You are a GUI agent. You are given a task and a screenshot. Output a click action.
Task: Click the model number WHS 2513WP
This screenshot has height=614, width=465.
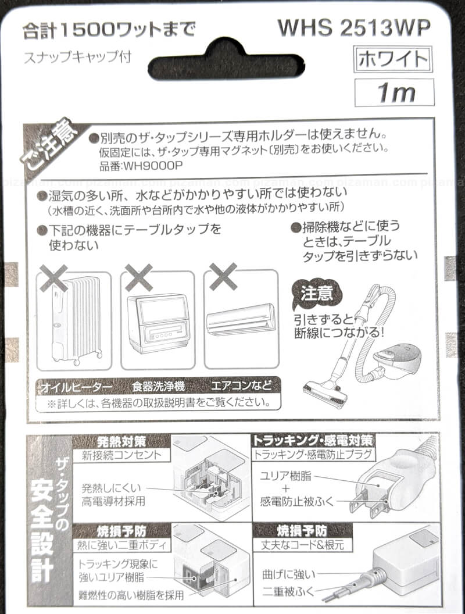[x=354, y=28]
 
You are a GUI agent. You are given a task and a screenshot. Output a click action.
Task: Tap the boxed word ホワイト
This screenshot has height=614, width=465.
[x=393, y=59]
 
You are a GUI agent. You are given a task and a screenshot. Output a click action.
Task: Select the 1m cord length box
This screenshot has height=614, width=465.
[x=395, y=92]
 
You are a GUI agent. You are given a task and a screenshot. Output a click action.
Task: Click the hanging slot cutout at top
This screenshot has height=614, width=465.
[x=226, y=60]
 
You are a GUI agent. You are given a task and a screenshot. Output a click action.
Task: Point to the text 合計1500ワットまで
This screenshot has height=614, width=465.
[x=109, y=30]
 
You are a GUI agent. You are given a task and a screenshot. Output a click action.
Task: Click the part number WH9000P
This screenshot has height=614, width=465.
[x=141, y=166]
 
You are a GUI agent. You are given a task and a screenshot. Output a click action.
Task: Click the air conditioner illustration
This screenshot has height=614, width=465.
[x=241, y=320]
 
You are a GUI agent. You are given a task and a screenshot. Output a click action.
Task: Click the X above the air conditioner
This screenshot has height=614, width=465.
[x=223, y=276]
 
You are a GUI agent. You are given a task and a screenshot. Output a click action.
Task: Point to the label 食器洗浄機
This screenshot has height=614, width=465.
[x=158, y=387]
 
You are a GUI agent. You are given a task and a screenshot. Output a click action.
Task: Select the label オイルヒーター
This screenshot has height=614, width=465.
[x=77, y=387]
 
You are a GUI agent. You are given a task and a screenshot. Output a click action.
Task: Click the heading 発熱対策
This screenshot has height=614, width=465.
[x=121, y=441]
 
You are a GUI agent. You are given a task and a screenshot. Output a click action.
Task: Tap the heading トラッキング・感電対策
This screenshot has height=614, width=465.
[x=312, y=441]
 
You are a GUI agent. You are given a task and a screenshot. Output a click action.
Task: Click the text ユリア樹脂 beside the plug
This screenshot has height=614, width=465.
[x=286, y=476]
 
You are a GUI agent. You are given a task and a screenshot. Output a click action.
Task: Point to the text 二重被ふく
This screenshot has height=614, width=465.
[x=289, y=591]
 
